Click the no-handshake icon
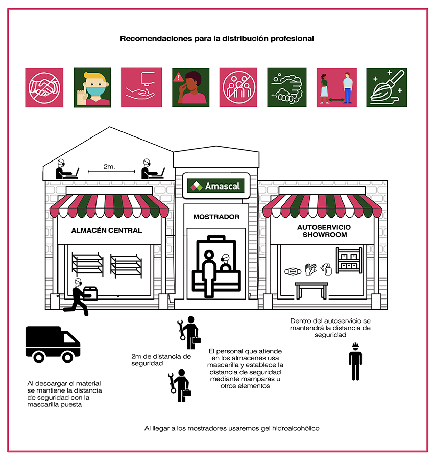[x=44, y=88]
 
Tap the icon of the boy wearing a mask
[x=92, y=88]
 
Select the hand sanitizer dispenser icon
[x=141, y=88]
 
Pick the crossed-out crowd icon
[x=238, y=88]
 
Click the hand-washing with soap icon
[x=287, y=88]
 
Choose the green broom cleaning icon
[x=387, y=88]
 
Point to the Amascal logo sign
[x=216, y=186]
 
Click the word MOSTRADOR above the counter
[x=216, y=217]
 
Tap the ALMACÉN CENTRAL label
[x=107, y=231]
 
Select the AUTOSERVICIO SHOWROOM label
[x=324, y=231]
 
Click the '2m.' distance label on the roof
[x=109, y=166]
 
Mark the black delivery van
[x=53, y=344]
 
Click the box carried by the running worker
[x=90, y=294]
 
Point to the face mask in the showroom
[x=293, y=272]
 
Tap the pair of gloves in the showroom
[x=310, y=269]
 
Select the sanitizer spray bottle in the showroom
[x=326, y=269]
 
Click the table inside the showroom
[x=311, y=290]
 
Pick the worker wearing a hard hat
[x=355, y=361]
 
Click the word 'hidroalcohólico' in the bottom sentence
[x=296, y=429]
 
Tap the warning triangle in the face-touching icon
[x=178, y=78]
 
